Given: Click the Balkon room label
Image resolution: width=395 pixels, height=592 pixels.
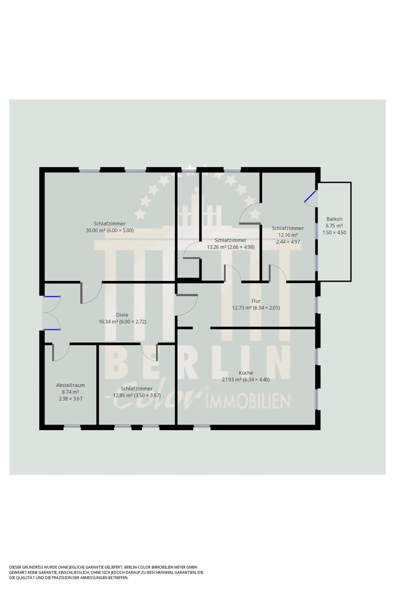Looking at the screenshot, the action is [334, 219].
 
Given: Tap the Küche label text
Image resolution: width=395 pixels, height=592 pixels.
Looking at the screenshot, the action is [246, 373].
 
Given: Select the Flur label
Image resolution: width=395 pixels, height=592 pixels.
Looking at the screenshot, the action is [256, 301].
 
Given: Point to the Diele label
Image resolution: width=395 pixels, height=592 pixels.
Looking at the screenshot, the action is [122, 315].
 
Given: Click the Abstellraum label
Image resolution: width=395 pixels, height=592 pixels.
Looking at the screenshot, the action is [70, 385].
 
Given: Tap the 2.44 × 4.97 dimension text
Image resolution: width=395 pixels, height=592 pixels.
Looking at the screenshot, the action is [288, 242].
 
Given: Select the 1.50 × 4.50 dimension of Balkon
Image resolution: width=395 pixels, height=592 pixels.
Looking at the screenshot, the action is [334, 233].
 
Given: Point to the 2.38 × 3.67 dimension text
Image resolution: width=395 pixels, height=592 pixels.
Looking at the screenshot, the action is [70, 399].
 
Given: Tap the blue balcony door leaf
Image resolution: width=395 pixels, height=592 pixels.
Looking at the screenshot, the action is [310, 196].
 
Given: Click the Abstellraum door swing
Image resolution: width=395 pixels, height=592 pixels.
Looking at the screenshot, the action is [61, 352].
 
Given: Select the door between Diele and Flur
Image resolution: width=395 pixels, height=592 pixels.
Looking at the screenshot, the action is [187, 305].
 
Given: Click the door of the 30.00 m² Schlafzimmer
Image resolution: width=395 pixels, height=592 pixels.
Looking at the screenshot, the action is [91, 293].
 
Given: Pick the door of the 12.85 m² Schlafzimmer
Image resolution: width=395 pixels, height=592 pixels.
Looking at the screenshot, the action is [149, 352].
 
